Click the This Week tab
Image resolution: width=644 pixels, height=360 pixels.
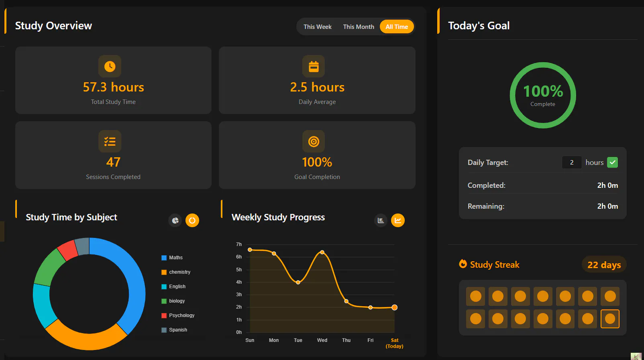coord(318,27)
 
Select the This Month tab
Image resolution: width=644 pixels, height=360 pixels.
coord(359,27)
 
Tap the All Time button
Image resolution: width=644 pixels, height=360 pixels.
coord(397,27)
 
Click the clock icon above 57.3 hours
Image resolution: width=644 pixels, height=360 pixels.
coord(110,66)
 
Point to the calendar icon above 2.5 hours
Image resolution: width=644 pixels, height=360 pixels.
coord(314,66)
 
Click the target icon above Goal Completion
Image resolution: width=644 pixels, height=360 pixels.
coord(314,141)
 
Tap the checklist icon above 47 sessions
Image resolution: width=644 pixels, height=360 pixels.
coord(110,141)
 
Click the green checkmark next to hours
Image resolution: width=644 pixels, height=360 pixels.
coord(612,162)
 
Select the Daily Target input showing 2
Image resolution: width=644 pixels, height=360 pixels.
coord(572,162)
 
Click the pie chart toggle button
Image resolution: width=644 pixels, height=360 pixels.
coord(175,220)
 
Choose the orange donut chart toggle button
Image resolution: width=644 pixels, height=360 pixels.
coord(192,220)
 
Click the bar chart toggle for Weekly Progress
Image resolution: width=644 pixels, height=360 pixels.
coord(381,220)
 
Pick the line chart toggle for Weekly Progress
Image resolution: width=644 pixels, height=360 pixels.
coord(398,220)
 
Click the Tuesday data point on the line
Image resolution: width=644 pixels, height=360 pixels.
coord(298,283)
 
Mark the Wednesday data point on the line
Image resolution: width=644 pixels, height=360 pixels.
coord(322,252)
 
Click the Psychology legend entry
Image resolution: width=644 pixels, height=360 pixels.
coord(178,315)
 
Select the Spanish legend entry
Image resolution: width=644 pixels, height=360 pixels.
coord(174,330)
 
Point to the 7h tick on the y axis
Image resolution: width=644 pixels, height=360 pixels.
coord(239,244)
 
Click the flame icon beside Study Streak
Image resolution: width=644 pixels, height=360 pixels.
coord(463,264)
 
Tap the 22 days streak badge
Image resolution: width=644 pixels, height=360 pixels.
coord(604,264)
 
